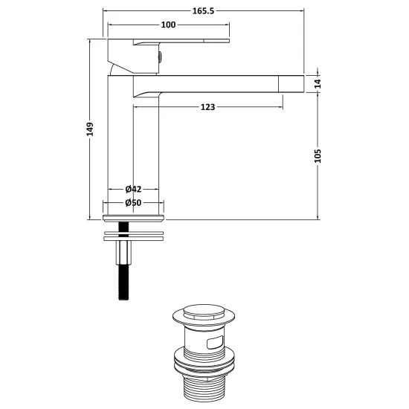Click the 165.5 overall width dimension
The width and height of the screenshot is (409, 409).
tap(203, 11)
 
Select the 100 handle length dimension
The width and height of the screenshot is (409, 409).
tap(168, 25)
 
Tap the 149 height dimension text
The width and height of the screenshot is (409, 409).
tap(90, 129)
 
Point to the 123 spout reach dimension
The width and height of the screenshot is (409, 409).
tap(207, 107)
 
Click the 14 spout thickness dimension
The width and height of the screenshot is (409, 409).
tap(318, 84)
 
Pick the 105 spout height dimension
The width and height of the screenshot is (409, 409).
tap(318, 156)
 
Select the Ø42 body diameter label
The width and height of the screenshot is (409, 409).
tap(133, 189)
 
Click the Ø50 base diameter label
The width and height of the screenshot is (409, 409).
tap(133, 203)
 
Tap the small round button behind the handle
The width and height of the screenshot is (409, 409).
tap(160, 57)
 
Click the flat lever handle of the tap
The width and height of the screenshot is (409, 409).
tap(181, 41)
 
